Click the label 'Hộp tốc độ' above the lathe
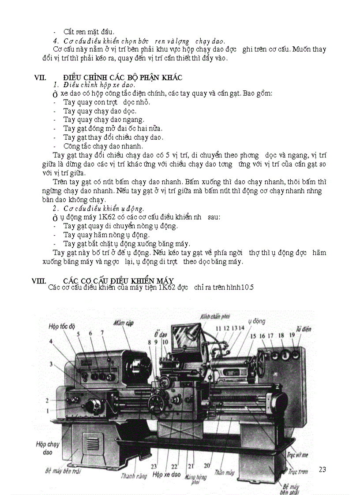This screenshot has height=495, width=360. point(62,326)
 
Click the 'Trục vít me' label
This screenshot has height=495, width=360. point(298,454)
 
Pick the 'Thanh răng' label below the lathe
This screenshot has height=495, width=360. point(134,476)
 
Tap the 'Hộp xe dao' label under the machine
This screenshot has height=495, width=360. point(166,475)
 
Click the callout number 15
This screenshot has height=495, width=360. point(253,336)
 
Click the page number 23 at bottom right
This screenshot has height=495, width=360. point(322,469)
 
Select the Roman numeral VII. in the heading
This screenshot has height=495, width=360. point(41,78)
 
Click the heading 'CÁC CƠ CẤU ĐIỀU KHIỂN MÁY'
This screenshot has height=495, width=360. point(118,281)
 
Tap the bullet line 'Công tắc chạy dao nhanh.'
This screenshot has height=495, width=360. point(103,146)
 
